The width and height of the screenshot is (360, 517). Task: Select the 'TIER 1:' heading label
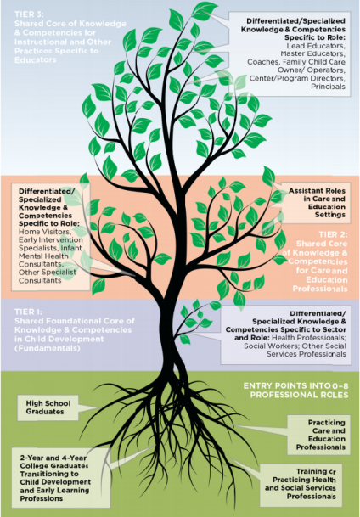click(29, 312)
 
